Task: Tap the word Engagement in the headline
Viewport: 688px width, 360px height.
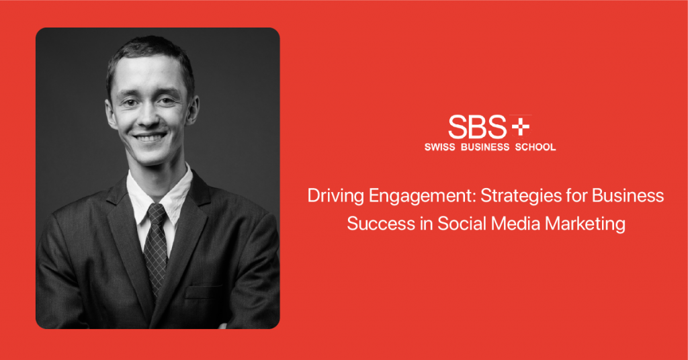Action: (x=423, y=196)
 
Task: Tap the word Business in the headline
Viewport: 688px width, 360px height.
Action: (x=628, y=195)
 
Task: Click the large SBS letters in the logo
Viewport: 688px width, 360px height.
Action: (x=478, y=127)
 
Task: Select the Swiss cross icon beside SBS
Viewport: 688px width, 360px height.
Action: (x=521, y=127)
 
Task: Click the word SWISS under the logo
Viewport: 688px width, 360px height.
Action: (x=439, y=147)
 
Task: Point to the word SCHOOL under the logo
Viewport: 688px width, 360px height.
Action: (x=535, y=147)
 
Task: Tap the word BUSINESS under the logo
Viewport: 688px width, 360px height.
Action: (x=485, y=147)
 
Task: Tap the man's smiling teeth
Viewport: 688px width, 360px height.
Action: (x=150, y=138)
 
